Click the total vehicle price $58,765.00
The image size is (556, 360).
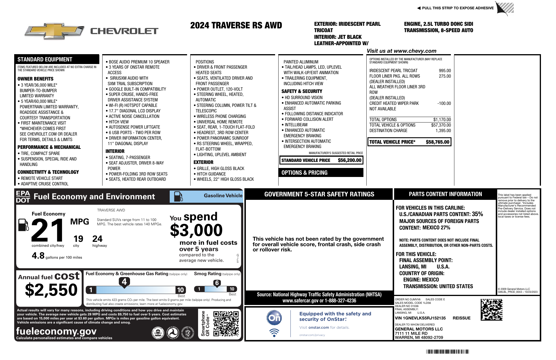tap(437, 142)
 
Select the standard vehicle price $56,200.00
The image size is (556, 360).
tap(350, 160)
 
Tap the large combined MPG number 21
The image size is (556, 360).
tap(48, 230)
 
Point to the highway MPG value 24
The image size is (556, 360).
tap(97, 239)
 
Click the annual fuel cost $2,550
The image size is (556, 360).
tap(51, 290)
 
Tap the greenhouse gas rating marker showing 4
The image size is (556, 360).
tap(124, 282)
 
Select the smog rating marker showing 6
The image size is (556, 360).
tap(217, 283)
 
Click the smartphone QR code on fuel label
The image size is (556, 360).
tap(226, 324)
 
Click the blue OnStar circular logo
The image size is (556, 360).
tap(274, 318)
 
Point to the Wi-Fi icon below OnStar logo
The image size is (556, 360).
tap(274, 332)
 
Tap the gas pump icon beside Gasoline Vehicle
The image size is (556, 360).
tap(178, 196)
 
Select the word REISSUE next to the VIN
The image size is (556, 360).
tap(462, 318)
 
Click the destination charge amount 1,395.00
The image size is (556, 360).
tap(443, 131)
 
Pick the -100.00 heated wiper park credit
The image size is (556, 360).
tap(444, 103)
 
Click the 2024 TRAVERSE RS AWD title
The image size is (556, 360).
tap(236, 25)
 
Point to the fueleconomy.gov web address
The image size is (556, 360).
tap(56, 331)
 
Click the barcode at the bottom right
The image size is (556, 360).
tap(447, 352)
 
